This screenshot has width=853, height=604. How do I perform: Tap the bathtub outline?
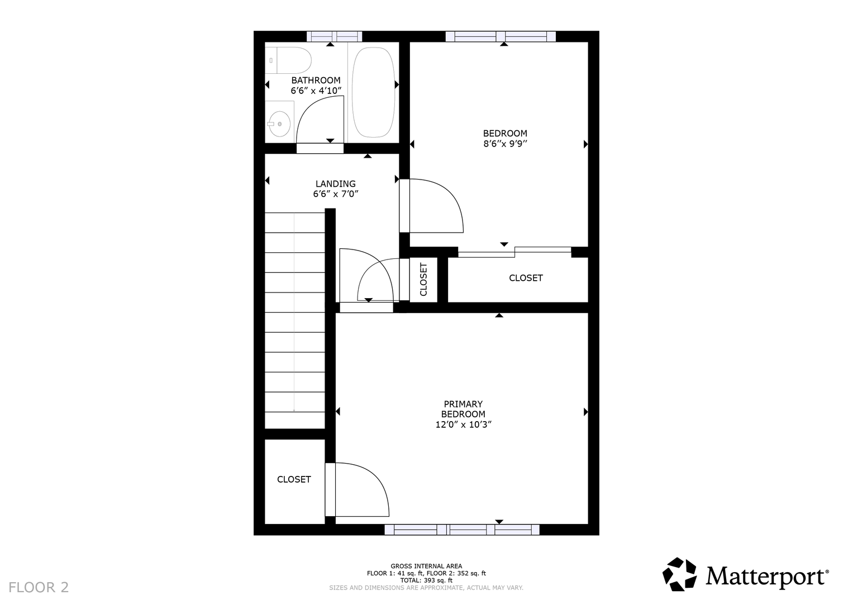coord(373,92)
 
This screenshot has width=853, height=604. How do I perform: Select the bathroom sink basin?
coord(279,124)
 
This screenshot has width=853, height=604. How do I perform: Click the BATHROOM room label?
coord(316,81)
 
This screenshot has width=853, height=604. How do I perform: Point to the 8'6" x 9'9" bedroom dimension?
coord(505,144)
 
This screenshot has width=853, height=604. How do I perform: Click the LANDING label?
coord(336,184)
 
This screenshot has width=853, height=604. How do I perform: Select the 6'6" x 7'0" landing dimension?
coord(336,194)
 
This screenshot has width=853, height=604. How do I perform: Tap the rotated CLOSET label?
coord(423,280)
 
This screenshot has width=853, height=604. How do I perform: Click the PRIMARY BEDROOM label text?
coord(463,409)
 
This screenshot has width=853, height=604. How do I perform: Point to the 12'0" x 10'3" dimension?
coord(464,424)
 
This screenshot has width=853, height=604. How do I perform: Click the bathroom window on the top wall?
coord(335,36)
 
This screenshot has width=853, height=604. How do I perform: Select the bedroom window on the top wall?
coord(501,36)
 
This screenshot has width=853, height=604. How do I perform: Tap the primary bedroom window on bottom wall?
coord(462,530)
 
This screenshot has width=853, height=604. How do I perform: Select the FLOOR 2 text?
coord(39,588)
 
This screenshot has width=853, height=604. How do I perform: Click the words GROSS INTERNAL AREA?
coord(426,566)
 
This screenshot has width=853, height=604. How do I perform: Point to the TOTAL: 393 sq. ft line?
coord(426,581)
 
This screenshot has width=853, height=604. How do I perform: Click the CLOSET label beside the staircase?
coord(294,479)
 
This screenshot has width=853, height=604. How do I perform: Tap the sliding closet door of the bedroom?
coord(514,252)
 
